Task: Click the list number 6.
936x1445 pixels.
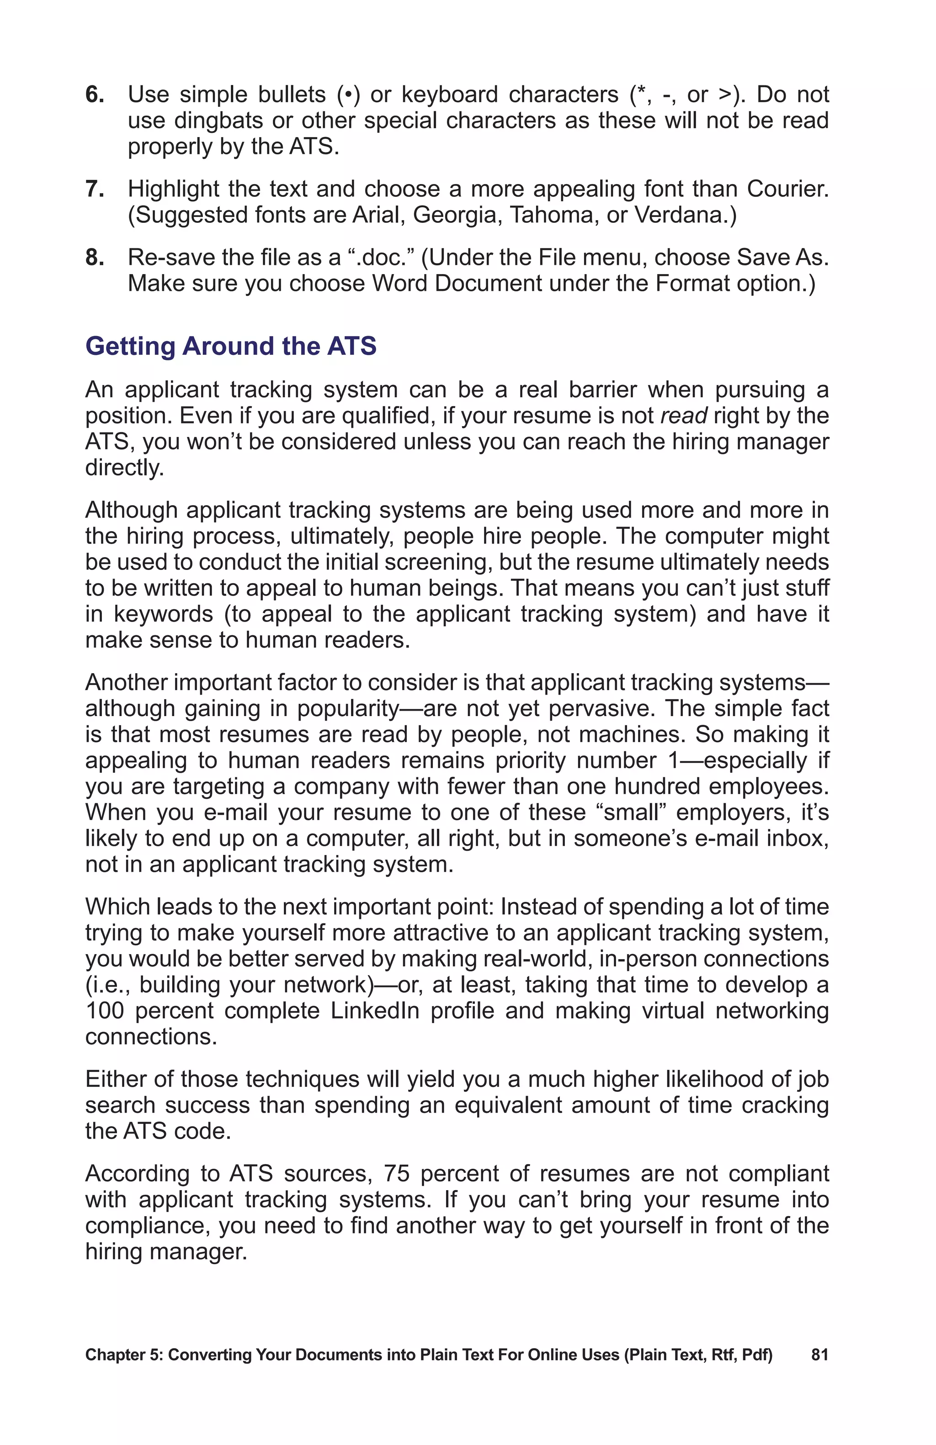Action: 94,95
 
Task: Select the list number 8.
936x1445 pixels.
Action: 94,258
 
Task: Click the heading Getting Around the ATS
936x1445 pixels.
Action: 231,346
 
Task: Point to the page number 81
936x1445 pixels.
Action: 819,1355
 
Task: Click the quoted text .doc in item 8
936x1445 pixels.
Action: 379,258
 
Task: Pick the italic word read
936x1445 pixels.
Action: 683,416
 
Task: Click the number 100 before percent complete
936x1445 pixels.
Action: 105,1010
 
